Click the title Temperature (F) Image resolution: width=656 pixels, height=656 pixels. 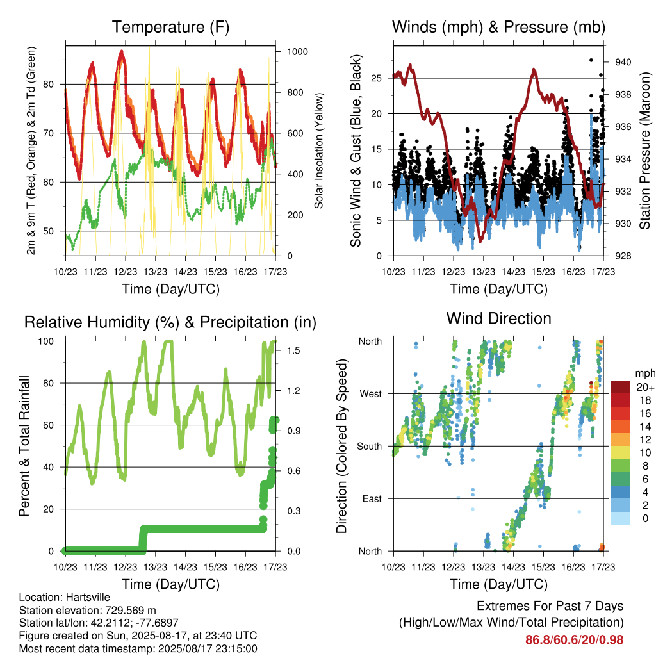coord(170,27)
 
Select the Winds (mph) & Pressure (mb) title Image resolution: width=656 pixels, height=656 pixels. coord(498,27)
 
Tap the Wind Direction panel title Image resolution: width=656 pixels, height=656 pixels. coord(498,318)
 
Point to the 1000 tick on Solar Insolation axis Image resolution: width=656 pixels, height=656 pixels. coord(297,51)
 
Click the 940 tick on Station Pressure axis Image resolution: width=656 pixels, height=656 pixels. coord(623,62)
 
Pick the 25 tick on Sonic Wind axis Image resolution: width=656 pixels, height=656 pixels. coord(376,78)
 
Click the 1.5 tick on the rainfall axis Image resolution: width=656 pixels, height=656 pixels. coord(293,350)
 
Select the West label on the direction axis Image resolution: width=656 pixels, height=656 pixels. coord(371,394)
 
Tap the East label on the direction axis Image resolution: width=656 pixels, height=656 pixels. coord(372,498)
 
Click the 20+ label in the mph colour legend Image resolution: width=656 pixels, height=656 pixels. coord(645,387)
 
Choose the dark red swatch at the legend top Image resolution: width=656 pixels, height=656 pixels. coord(620,387)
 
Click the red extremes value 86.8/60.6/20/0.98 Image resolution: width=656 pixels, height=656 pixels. coord(575,640)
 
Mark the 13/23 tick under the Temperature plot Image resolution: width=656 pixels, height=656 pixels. coord(155,272)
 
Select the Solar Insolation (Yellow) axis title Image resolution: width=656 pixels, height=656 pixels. coord(319,151)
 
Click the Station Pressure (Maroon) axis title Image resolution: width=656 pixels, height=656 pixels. coord(644,151)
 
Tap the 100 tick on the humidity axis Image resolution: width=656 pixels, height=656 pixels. coord(46,341)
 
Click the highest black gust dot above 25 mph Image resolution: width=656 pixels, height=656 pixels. coord(591,60)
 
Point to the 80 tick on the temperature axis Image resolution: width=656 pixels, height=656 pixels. coord(49,84)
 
